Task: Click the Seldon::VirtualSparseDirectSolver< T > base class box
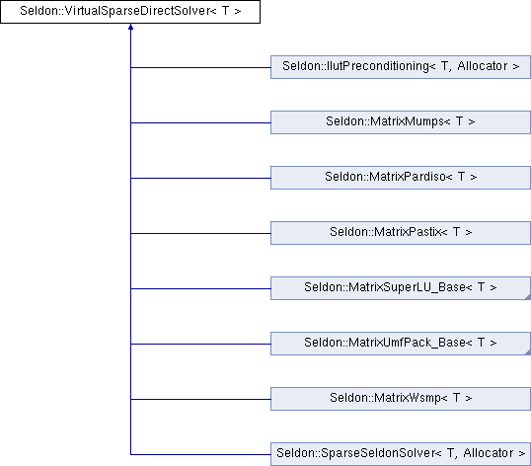click(130, 12)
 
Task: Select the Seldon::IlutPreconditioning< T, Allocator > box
click(401, 67)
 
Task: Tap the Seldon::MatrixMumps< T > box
click(401, 122)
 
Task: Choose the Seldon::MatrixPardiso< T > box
click(401, 178)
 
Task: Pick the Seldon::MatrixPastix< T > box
click(401, 233)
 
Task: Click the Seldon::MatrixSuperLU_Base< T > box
click(401, 288)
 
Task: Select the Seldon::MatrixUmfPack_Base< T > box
click(401, 344)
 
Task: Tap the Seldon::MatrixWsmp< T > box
click(401, 399)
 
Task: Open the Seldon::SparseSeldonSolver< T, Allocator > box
click(401, 454)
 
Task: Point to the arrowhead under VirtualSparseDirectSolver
click(130, 27)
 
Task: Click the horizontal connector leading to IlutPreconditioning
click(200, 67)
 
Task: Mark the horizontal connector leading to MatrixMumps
click(200, 122)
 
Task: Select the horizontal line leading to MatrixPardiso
click(200, 178)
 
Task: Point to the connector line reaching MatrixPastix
click(200, 233)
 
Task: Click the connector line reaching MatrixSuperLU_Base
click(200, 288)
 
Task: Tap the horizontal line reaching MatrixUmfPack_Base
click(200, 344)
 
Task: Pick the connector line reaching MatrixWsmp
click(200, 399)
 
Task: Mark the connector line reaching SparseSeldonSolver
click(200, 454)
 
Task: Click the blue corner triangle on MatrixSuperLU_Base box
click(528, 297)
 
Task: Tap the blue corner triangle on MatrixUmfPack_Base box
click(528, 352)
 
